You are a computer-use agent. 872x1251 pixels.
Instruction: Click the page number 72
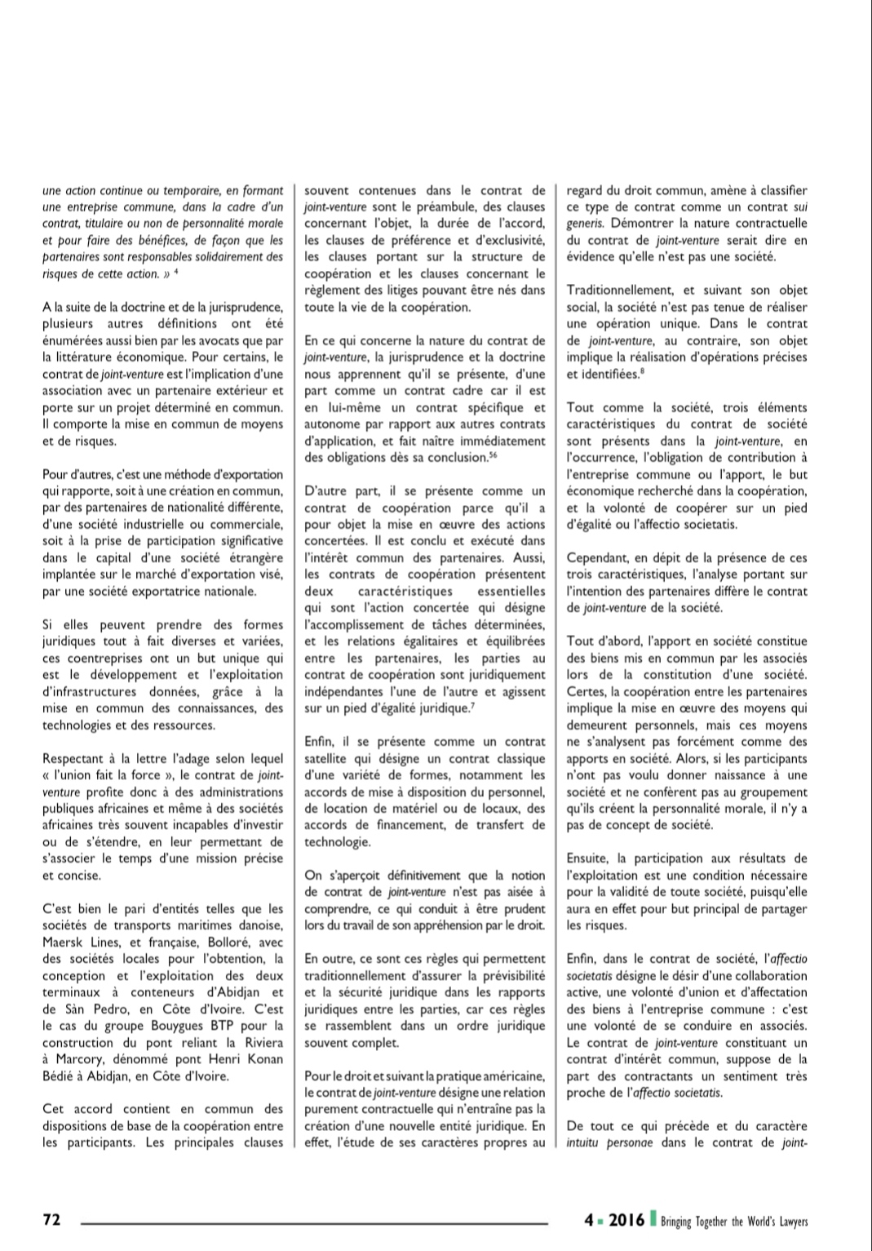click(x=51, y=1220)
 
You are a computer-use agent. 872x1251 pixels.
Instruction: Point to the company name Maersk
click(x=64, y=942)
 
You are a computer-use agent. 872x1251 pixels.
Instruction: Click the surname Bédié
click(x=59, y=1076)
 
